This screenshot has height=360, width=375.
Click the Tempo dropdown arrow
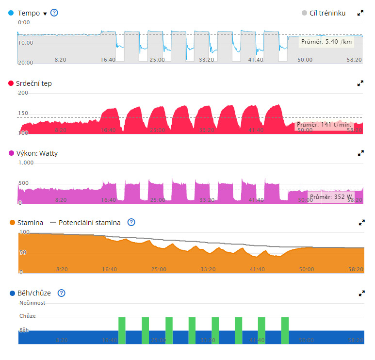[x=45, y=14]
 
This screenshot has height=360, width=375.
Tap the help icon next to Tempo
[x=54, y=13]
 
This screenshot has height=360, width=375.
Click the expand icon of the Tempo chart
[x=360, y=13]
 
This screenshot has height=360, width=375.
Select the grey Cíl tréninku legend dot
[x=304, y=13]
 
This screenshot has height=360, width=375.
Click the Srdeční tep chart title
[x=34, y=83]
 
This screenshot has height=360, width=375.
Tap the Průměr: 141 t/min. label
[x=324, y=125]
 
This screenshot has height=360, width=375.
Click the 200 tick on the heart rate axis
[x=23, y=93]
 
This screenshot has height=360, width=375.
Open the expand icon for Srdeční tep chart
[x=360, y=83]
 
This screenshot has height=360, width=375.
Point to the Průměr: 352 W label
[x=330, y=197]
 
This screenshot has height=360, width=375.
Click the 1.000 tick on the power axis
[x=26, y=163]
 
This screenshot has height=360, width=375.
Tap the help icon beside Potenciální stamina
[x=131, y=222]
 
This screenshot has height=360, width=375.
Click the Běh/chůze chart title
[x=34, y=293]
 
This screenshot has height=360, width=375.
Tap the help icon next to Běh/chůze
[x=61, y=293]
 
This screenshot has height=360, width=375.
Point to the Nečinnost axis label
[x=32, y=303]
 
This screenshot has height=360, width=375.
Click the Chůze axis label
[x=27, y=316]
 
